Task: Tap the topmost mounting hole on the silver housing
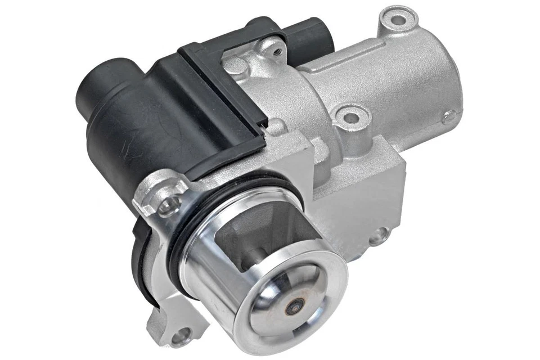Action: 397,19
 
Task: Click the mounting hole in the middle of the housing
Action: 350,118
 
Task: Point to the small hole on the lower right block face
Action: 376,236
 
